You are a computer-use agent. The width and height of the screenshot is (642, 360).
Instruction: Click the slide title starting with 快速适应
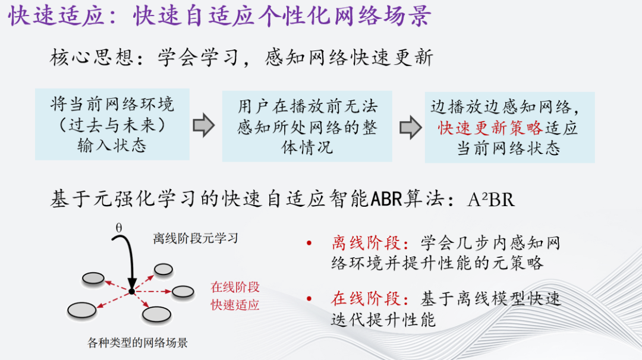[219, 17]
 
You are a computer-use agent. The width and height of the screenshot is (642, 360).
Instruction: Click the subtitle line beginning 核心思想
[241, 58]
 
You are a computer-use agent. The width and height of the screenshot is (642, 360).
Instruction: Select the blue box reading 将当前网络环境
[112, 125]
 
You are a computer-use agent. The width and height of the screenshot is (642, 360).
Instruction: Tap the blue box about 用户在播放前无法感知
[307, 126]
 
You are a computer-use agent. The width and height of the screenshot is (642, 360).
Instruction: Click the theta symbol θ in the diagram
[119, 227]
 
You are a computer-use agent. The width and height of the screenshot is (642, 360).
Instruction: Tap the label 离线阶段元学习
[195, 238]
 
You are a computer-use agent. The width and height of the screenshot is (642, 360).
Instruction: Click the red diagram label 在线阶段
[235, 288]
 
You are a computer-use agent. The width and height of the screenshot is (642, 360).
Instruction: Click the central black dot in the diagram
[131, 290]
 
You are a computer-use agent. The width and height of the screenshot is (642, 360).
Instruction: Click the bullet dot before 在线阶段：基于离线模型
[309, 299]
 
